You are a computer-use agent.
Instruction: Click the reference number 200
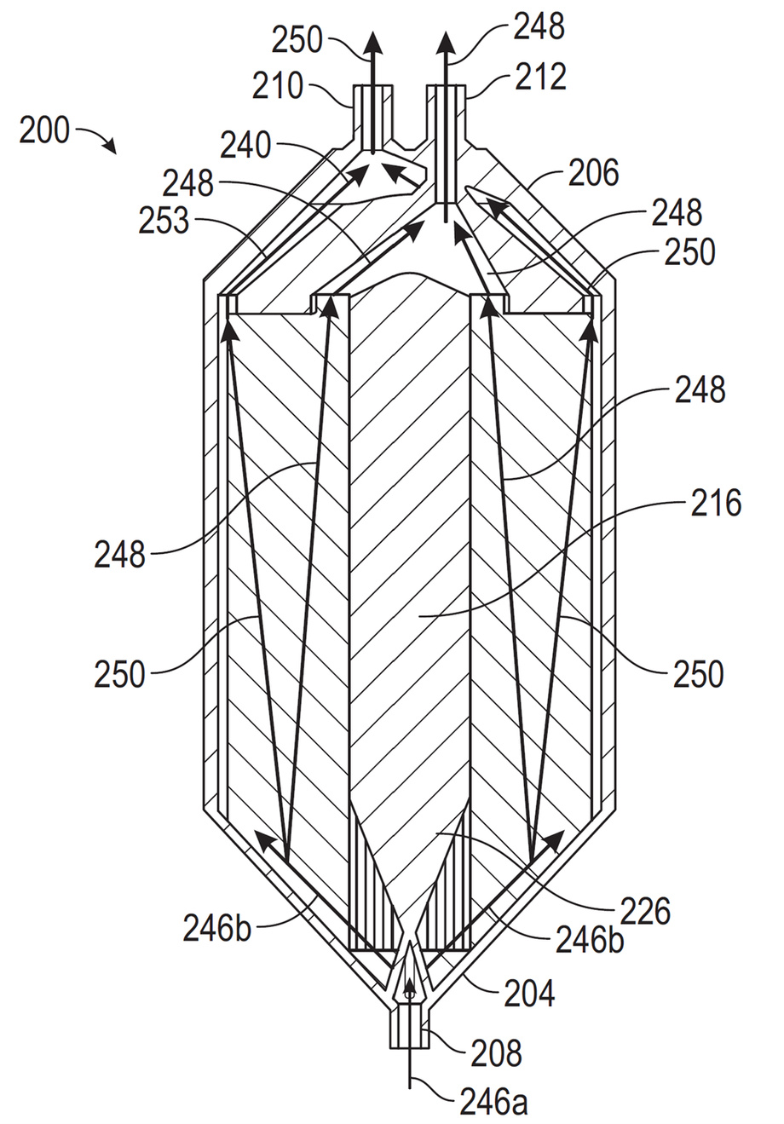44,131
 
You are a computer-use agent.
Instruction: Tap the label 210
278,85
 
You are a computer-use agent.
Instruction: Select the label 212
541,77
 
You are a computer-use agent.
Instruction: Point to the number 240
245,146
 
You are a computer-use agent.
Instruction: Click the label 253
164,221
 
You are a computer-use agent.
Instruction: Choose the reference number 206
594,173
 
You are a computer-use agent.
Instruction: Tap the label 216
716,503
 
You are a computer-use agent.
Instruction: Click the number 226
645,911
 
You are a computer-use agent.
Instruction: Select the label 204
529,993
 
